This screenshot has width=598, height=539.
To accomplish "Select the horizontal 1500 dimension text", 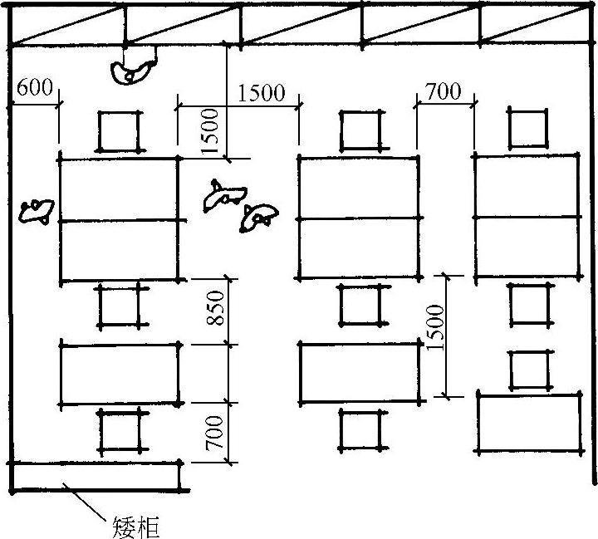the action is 261,92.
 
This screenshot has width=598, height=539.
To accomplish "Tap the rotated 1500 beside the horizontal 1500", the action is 210,131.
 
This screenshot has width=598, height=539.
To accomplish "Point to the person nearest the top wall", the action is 133,70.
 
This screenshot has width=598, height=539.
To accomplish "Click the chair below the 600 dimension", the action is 120,131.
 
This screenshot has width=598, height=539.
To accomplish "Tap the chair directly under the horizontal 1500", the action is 362,130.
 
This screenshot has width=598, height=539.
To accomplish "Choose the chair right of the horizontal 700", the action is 528,129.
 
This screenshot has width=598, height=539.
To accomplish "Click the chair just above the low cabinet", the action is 121,430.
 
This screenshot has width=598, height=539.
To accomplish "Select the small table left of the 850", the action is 120,374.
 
